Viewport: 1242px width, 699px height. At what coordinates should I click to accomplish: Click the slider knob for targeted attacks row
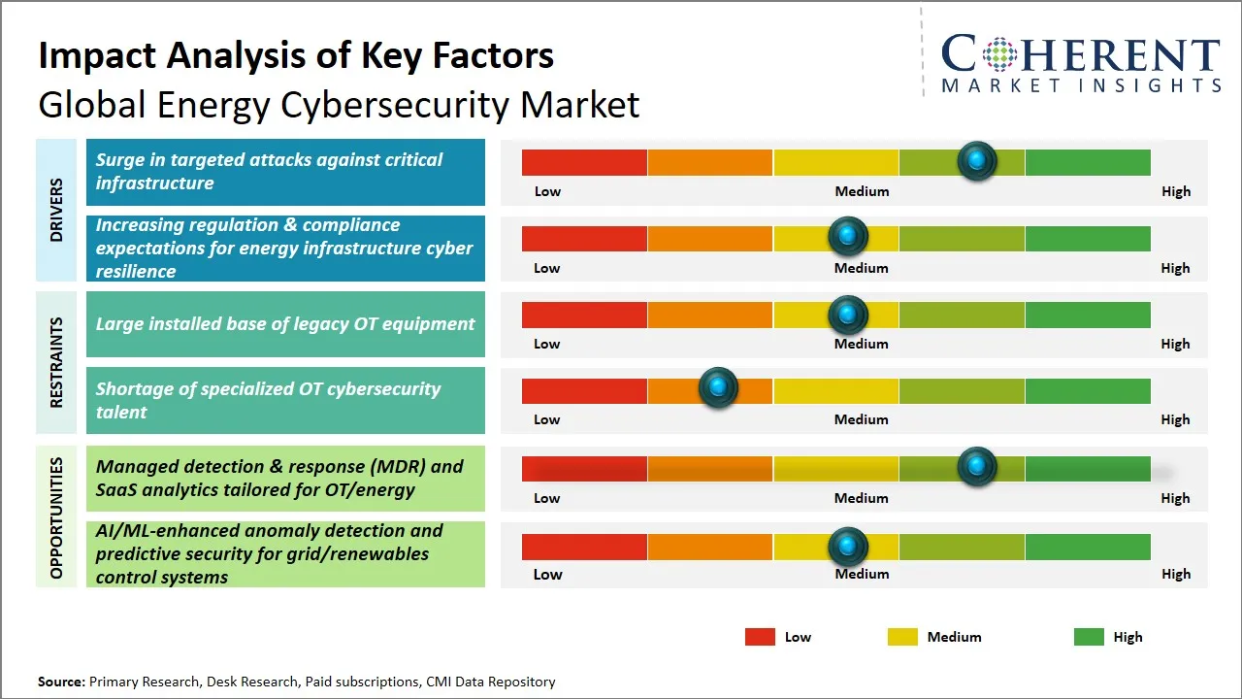coord(977,160)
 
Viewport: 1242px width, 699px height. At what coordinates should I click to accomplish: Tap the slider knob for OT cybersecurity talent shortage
coord(718,388)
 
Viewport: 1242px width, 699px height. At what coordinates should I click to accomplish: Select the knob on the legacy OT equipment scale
coord(848,314)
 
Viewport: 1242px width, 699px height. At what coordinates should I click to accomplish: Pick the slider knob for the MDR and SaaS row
coord(977,467)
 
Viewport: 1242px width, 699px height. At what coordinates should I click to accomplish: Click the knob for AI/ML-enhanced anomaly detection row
coord(848,547)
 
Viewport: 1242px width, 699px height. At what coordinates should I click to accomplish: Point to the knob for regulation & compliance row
coord(848,236)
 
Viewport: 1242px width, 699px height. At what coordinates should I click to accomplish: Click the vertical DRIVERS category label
coord(56,209)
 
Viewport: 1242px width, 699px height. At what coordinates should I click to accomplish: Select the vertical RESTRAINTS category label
coord(56,362)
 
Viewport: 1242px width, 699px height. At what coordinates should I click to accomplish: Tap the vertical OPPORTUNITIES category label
coord(56,517)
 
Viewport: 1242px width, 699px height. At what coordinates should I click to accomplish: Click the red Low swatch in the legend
coord(760,637)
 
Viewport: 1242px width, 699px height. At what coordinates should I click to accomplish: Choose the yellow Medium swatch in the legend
coord(902,637)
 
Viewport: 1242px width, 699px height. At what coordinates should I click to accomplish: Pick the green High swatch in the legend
coord(1089,637)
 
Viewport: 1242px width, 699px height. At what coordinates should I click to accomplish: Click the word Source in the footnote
coord(61,682)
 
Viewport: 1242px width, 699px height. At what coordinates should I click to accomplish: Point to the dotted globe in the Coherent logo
coord(998,54)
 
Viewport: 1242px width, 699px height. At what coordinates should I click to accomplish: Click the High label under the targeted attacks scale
coord(1176,191)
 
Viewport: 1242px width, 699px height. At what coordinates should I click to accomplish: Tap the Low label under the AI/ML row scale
coord(547,574)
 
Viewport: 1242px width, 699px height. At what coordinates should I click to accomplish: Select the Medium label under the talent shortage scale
coord(862,419)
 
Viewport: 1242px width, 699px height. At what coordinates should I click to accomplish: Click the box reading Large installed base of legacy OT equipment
coord(285,324)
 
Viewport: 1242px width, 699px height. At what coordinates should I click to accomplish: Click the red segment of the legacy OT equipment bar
coord(584,314)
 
